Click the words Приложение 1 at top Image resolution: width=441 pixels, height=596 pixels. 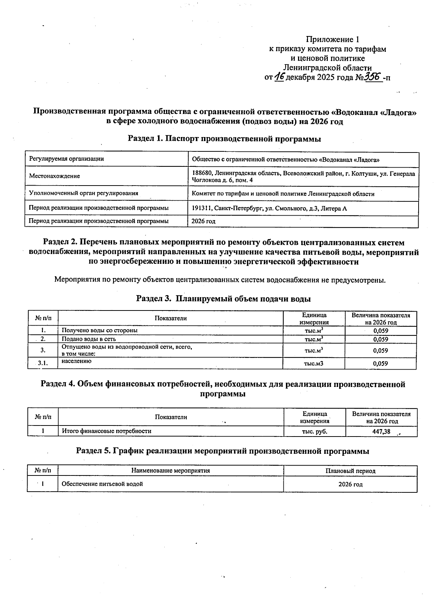(x=332, y=39)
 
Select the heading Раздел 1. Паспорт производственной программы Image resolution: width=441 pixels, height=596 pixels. (x=224, y=139)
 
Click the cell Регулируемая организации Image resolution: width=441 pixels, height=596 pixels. (x=67, y=159)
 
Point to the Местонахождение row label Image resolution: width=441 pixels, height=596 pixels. (x=54, y=176)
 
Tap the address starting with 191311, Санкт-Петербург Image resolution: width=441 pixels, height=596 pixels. (x=269, y=208)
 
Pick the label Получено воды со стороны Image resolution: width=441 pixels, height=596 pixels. (x=100, y=330)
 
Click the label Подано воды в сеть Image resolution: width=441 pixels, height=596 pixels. (x=89, y=339)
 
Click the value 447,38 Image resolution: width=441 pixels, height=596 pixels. (x=381, y=431)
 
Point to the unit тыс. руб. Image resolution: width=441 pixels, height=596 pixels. (x=315, y=431)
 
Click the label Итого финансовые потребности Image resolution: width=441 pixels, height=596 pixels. (x=107, y=431)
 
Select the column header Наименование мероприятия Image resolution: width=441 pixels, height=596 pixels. (x=171, y=470)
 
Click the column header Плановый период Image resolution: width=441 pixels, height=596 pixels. (x=350, y=471)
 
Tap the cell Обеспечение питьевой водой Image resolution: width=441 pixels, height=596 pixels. (x=102, y=484)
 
